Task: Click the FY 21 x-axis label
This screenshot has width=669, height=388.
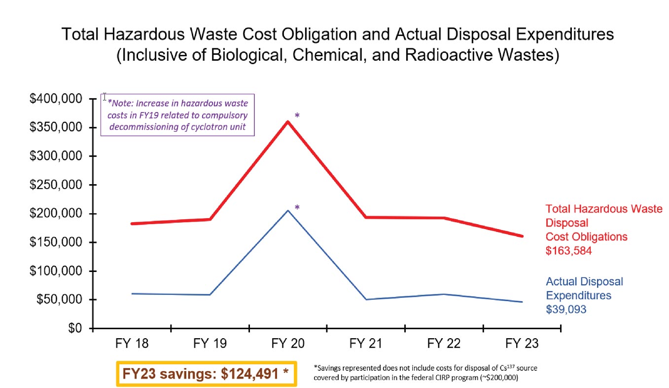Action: [366, 344]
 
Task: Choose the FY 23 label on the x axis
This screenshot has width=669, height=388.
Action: [522, 344]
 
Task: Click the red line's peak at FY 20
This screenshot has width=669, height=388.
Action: [288, 121]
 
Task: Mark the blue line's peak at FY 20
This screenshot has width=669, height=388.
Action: [288, 210]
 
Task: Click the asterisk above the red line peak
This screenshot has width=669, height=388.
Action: [297, 116]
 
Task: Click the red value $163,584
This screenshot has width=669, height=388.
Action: [568, 251]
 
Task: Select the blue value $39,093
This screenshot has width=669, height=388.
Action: [566, 310]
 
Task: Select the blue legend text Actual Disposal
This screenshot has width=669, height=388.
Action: [584, 281]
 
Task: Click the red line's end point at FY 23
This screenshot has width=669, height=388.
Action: [523, 236]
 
